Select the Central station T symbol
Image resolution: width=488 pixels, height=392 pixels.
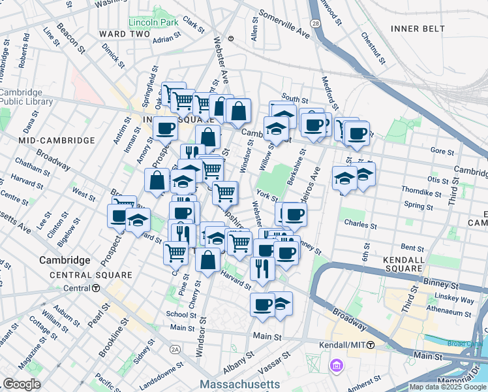tap(96, 288)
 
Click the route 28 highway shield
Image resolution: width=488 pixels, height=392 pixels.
tap(315, 24)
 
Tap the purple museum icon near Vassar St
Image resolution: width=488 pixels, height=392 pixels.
tap(337, 365)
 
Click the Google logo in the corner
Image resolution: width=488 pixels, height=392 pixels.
tap(22, 384)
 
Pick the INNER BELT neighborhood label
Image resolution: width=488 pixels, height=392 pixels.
tap(418, 28)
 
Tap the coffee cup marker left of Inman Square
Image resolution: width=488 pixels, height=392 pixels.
tap(166, 127)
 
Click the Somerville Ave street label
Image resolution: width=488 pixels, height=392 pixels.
tap(284, 23)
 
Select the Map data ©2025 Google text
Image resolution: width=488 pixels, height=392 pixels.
tap(448, 387)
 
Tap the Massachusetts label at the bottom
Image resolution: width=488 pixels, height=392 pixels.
tap(241, 384)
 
